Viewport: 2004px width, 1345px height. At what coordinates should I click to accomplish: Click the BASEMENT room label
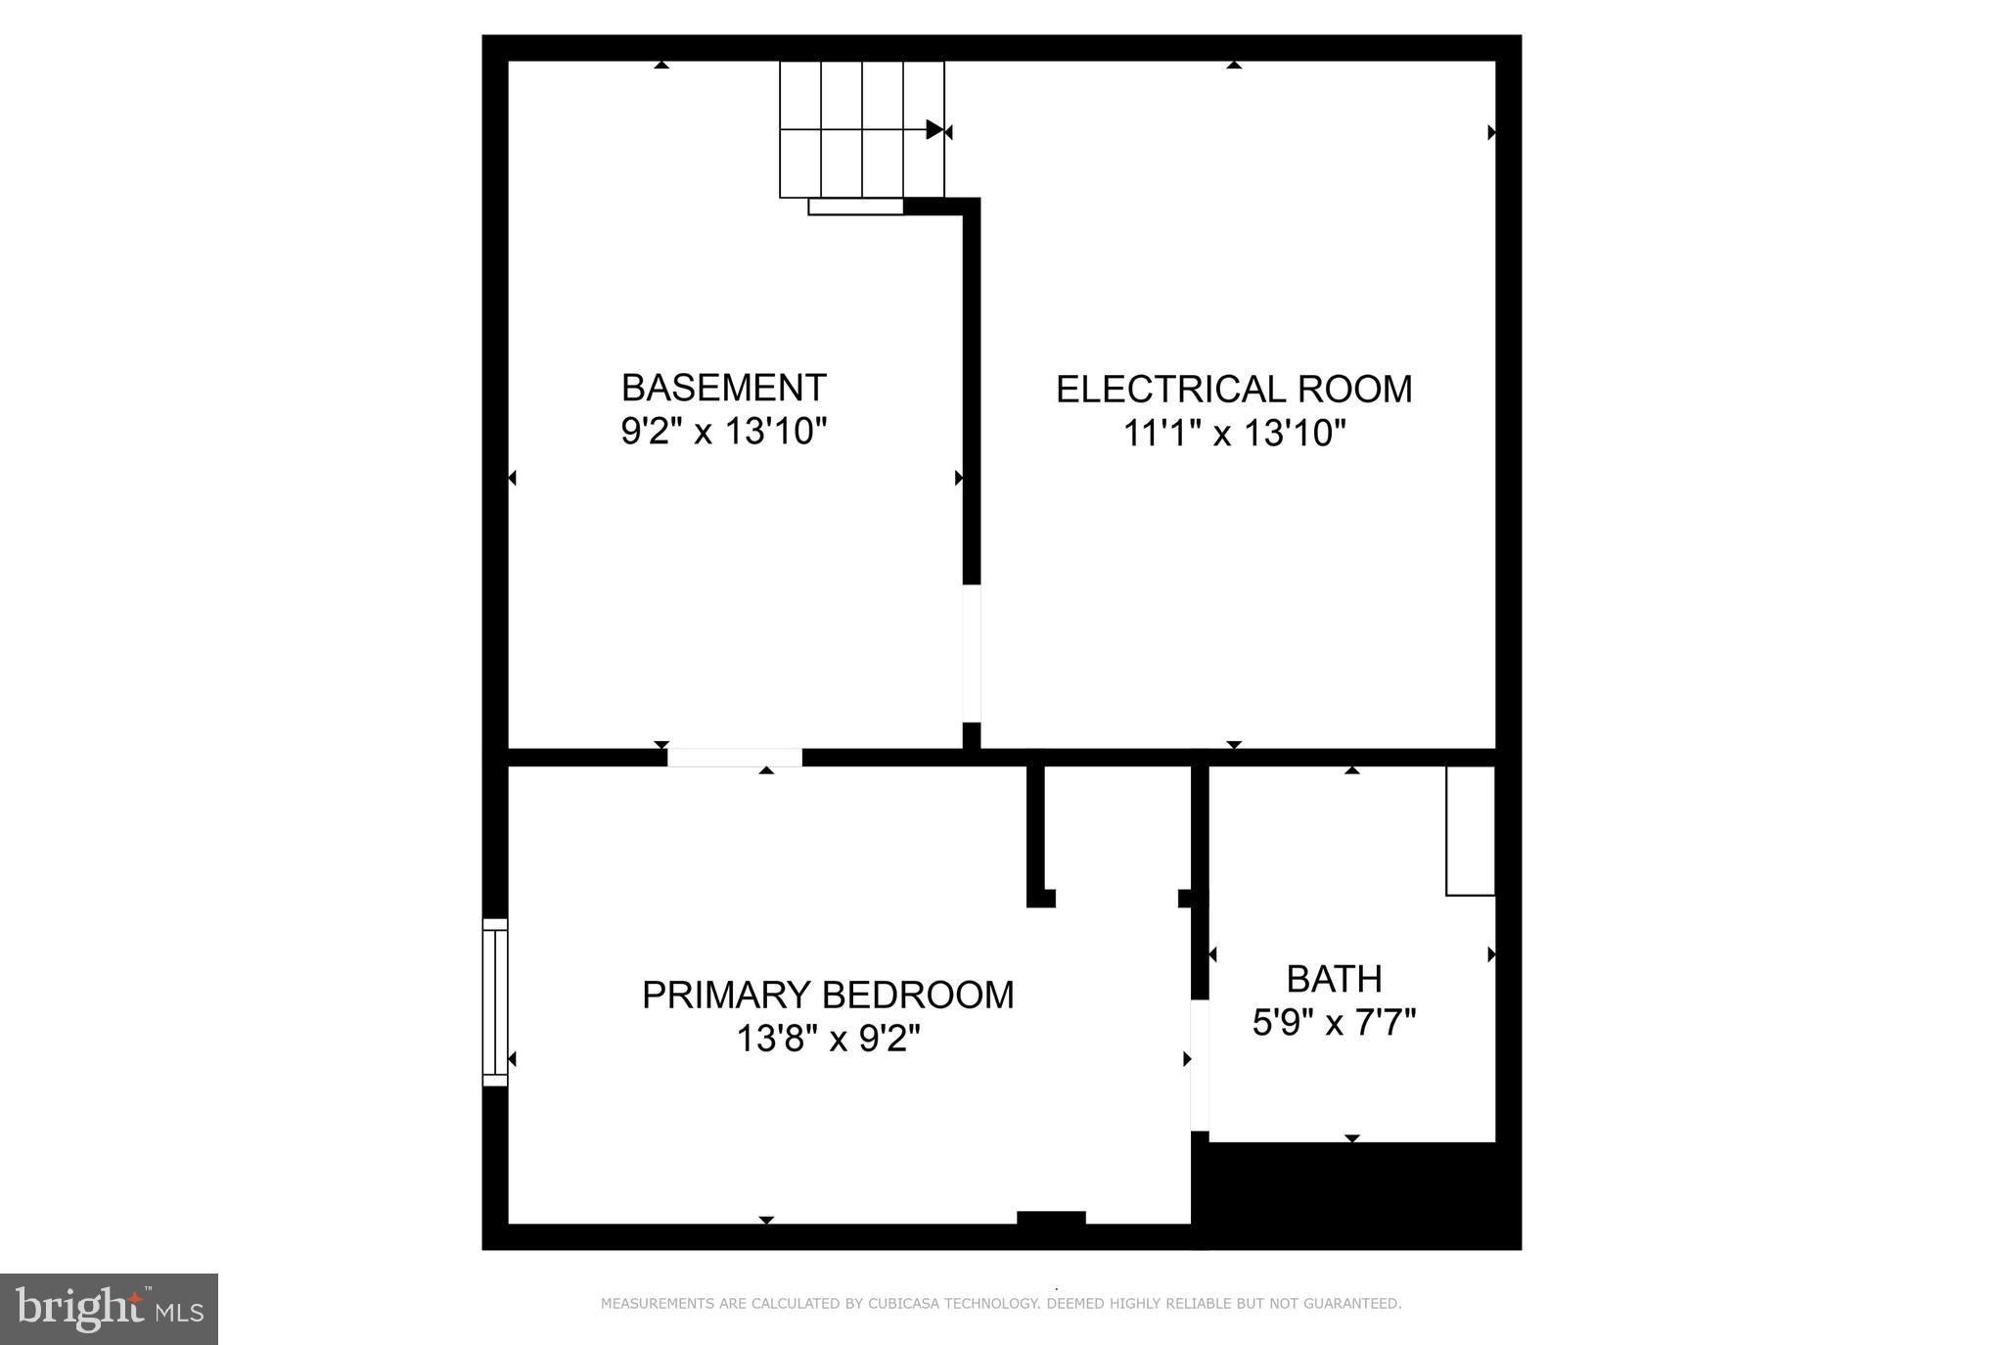[724, 388]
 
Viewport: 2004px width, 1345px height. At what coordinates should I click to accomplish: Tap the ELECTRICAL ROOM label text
[1234, 390]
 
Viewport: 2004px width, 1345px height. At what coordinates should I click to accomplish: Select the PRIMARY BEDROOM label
[828, 995]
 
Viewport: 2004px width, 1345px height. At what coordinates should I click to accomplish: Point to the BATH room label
[1334, 979]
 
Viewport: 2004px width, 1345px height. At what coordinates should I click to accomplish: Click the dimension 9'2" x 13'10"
[724, 431]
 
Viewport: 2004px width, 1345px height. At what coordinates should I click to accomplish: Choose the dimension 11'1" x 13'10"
[1234, 433]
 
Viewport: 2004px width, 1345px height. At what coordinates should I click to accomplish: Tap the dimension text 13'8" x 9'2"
[828, 1039]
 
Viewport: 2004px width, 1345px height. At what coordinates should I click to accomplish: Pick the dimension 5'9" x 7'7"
[1334, 1024]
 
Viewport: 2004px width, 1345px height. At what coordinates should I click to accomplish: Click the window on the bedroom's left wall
[495, 1001]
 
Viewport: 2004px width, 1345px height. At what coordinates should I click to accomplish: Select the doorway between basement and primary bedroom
[734, 758]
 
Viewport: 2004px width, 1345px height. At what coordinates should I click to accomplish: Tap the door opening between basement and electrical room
[972, 653]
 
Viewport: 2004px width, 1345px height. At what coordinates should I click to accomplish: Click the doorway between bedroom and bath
[1199, 1065]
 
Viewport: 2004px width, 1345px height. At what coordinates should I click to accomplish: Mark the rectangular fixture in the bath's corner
[1470, 830]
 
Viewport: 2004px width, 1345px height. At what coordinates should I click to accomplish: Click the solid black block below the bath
[1355, 1195]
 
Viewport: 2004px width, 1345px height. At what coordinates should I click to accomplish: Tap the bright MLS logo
[109, 1309]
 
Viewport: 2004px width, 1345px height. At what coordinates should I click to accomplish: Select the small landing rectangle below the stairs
[855, 207]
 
